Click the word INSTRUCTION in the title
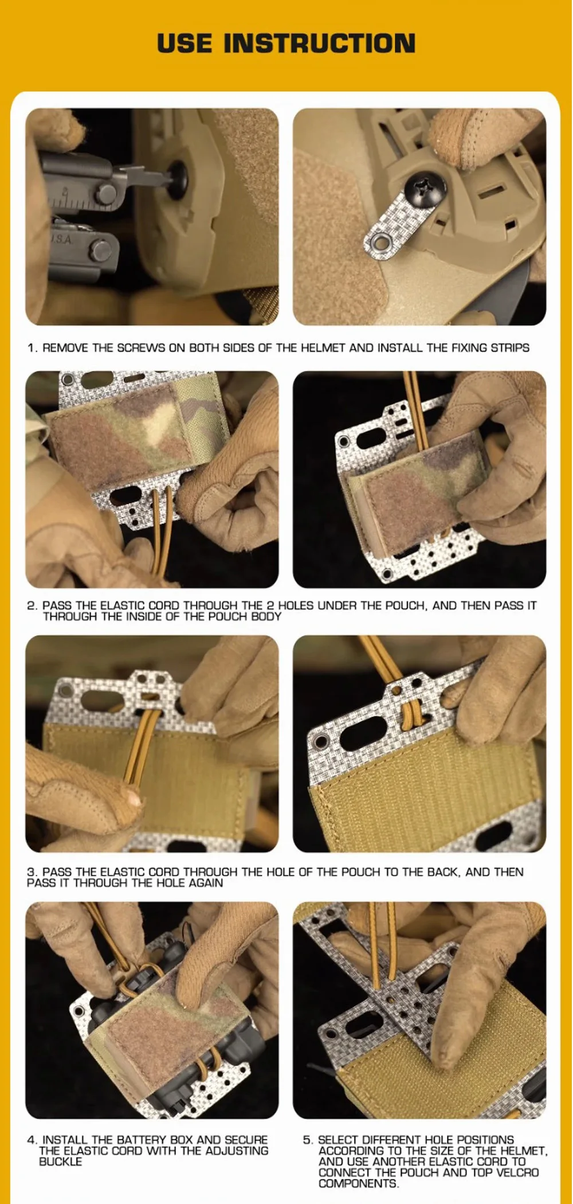[x=319, y=44]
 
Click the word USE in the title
[x=185, y=44]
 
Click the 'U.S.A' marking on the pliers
[x=61, y=239]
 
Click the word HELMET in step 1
[x=323, y=347]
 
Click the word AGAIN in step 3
[x=206, y=883]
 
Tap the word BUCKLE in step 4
[x=60, y=1162]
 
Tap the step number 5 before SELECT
[x=307, y=1140]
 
